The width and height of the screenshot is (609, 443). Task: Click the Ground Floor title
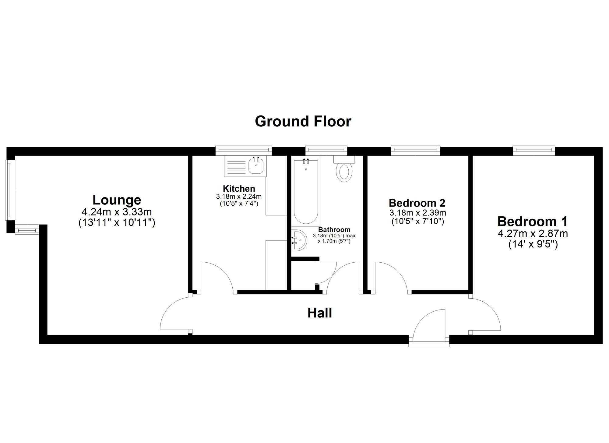tap(303, 121)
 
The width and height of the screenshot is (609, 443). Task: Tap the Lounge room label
tap(117, 200)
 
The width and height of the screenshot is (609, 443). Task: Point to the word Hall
tap(319, 313)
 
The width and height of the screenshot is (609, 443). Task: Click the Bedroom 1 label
tap(533, 221)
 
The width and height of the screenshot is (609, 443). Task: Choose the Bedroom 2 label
tap(417, 203)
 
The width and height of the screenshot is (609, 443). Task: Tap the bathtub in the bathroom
tap(306, 192)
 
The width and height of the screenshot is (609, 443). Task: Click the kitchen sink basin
tap(256, 166)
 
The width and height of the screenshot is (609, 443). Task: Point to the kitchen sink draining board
tap(236, 166)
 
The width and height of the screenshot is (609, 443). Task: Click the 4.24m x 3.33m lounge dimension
tap(117, 212)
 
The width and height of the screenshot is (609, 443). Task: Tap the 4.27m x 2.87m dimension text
tap(533, 234)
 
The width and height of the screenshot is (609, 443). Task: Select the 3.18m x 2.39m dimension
tap(417, 212)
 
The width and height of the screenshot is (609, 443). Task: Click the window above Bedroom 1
tap(533, 149)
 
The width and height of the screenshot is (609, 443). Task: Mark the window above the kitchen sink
tap(243, 149)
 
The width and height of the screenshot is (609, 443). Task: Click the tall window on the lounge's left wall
tap(10, 190)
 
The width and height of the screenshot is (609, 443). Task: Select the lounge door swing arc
tap(174, 314)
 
